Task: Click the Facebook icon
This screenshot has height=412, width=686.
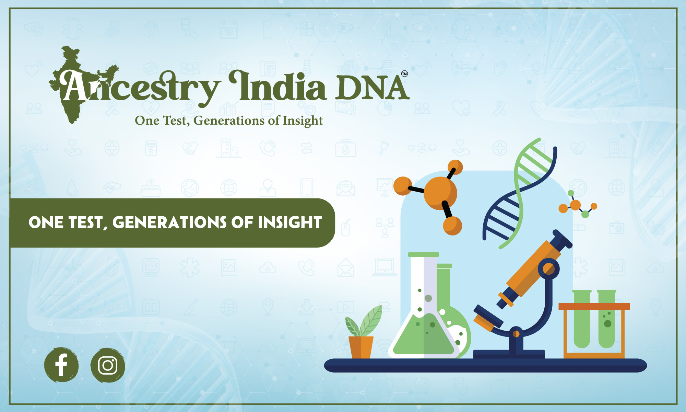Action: click(x=61, y=365)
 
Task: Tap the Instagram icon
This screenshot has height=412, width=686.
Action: click(x=108, y=365)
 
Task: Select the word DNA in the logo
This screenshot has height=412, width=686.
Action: click(x=372, y=88)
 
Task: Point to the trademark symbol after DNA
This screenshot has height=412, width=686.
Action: click(x=404, y=74)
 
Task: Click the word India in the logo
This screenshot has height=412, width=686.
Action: click(x=277, y=85)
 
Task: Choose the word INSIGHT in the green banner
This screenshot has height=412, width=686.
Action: click(x=290, y=222)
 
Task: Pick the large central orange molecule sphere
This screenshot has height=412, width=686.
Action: click(x=440, y=193)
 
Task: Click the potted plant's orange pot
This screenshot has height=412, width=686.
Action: click(x=361, y=347)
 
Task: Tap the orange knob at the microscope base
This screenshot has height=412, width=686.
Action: click(x=516, y=333)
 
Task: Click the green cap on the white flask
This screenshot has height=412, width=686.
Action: click(x=424, y=254)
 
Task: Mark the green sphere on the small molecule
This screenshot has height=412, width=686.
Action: click(x=585, y=214)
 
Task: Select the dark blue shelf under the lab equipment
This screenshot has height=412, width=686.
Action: click(x=485, y=365)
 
